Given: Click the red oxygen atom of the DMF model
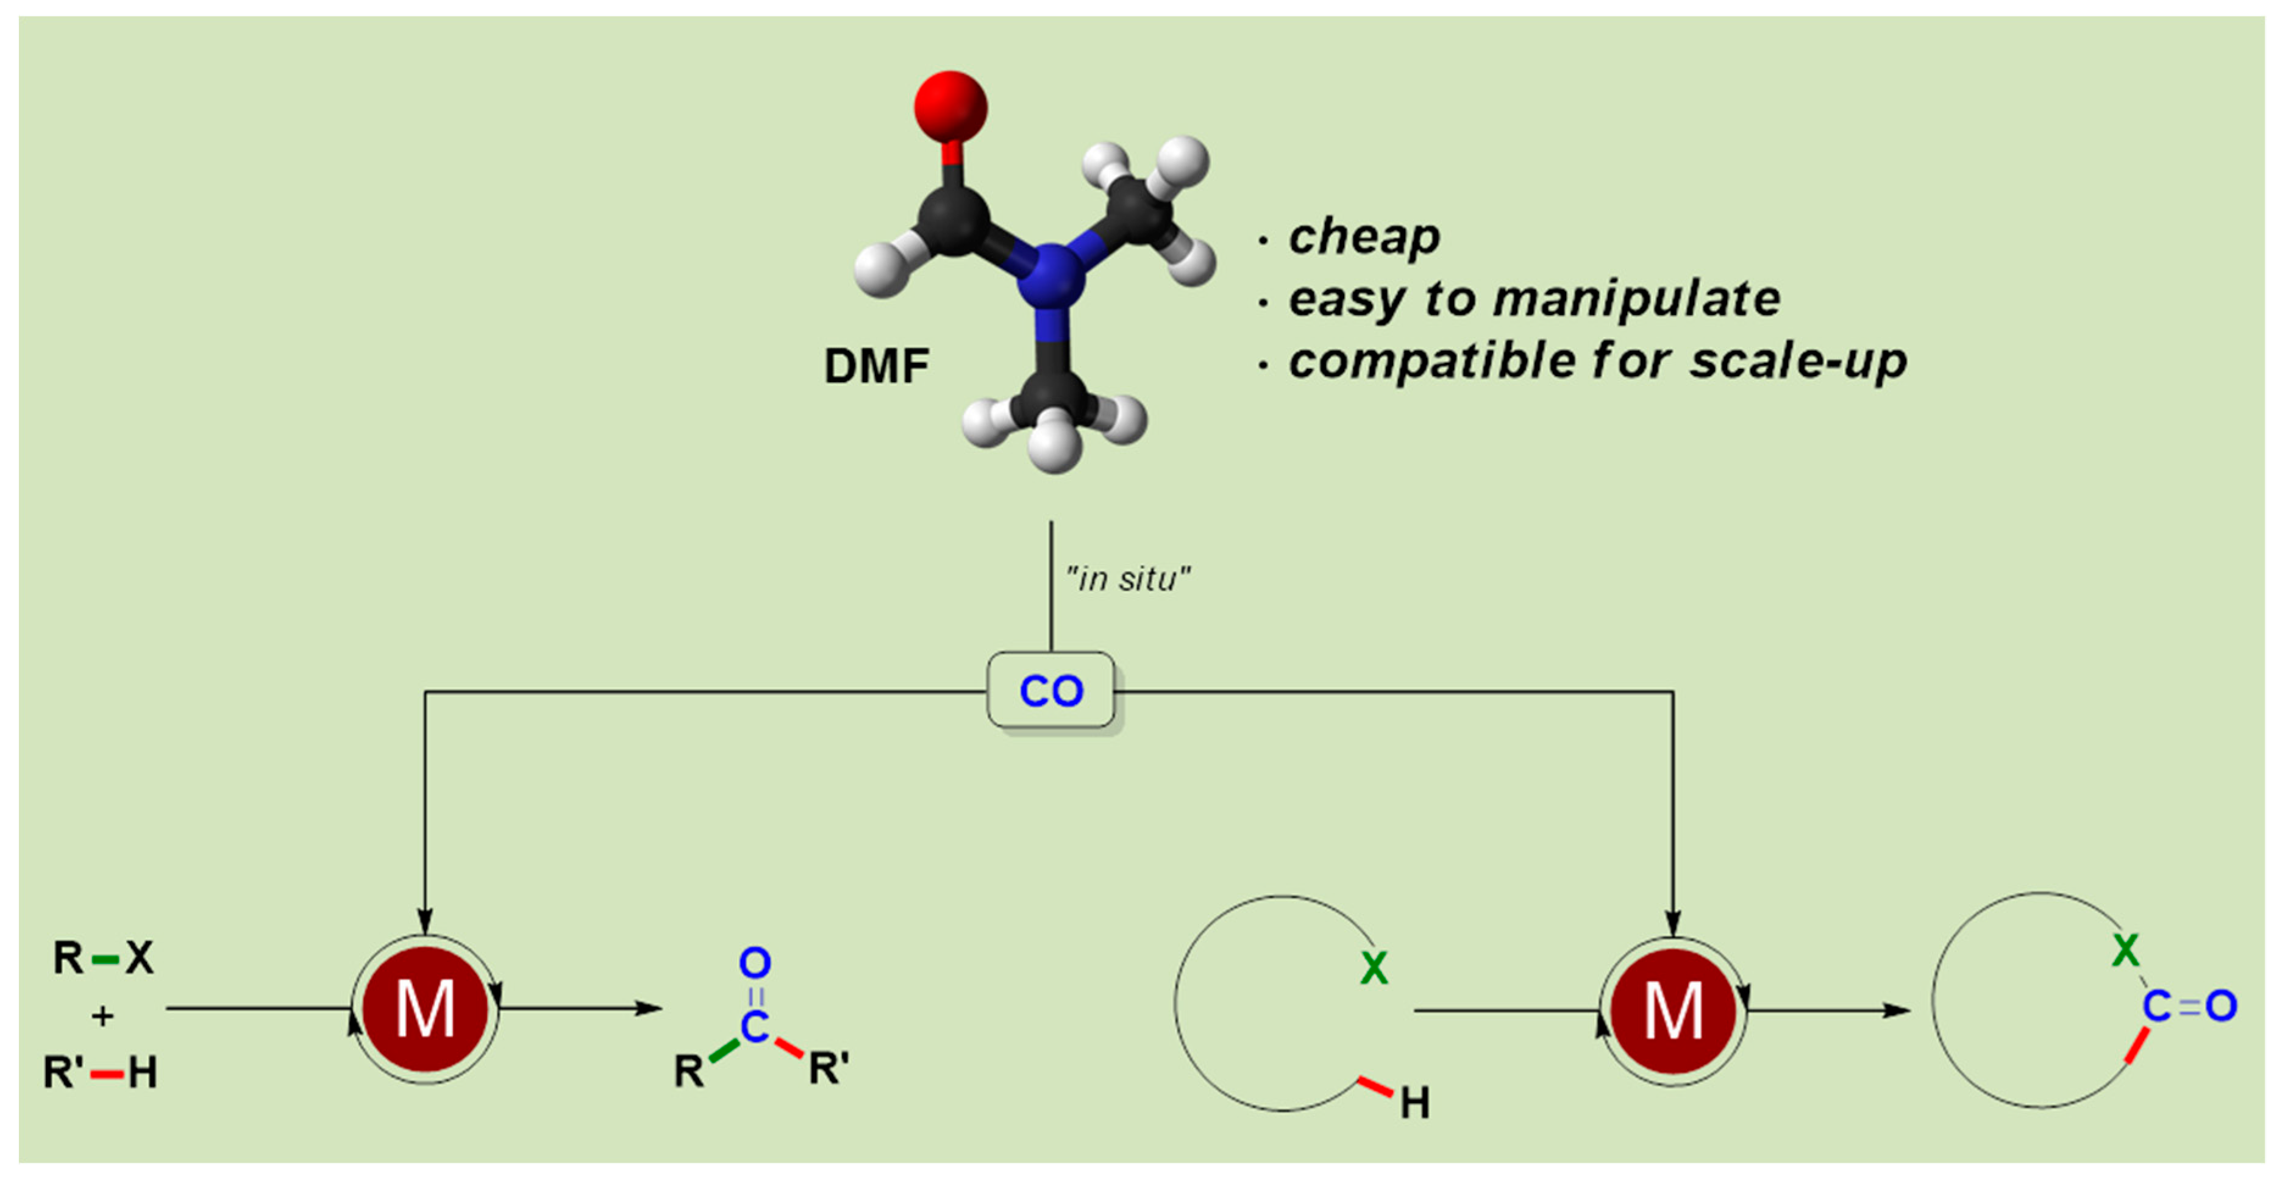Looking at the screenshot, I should (x=950, y=107).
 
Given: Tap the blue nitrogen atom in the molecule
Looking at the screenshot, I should (x=1051, y=276).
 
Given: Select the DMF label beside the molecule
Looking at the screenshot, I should (x=877, y=366).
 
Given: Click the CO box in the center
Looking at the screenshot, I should (x=1051, y=691).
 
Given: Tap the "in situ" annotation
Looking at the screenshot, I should (x=1128, y=579).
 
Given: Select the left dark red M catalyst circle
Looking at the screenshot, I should (x=426, y=1009).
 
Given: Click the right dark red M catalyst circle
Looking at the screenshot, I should (x=1673, y=1011).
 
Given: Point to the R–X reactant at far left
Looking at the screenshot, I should (x=103, y=957).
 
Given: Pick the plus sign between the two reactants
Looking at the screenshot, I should (x=103, y=1015).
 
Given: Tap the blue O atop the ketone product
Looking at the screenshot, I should (x=755, y=962).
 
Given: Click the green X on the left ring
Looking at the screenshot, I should (x=1373, y=968).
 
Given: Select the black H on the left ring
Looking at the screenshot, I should (x=1415, y=1103).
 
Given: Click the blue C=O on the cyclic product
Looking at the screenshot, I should (x=2189, y=1007).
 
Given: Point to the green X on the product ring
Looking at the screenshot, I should (x=2125, y=951).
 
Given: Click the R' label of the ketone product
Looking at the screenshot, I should (x=829, y=1069).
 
